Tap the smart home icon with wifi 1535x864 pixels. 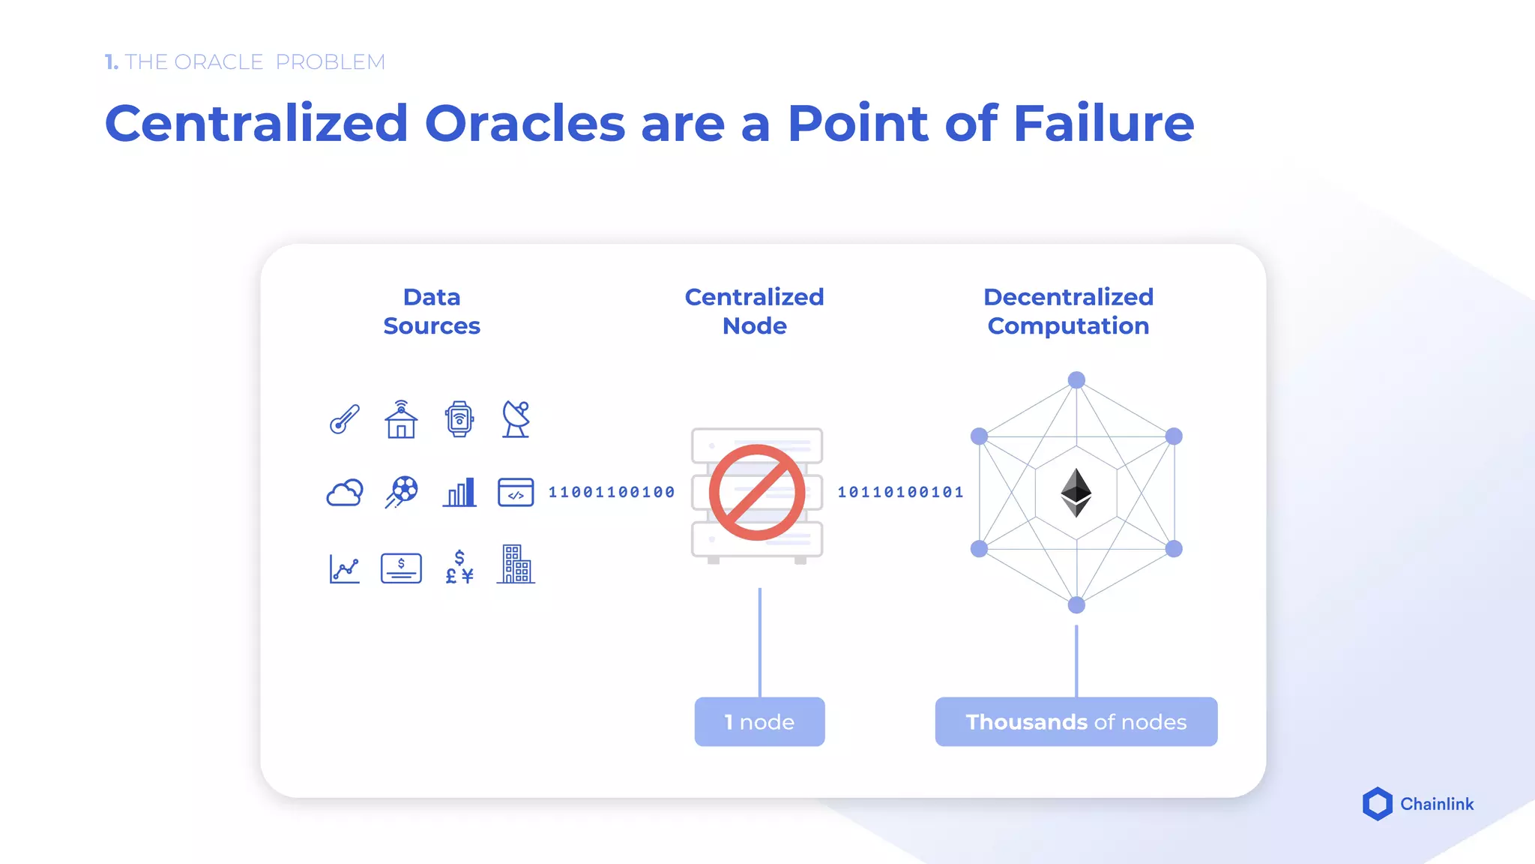coord(401,419)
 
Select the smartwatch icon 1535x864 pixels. coord(459,418)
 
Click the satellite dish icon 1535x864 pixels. coord(516,418)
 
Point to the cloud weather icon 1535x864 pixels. coord(345,493)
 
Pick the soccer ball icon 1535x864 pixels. coord(402,492)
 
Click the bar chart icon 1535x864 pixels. coord(459,493)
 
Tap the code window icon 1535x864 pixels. coord(516,493)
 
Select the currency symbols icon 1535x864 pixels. coord(459,567)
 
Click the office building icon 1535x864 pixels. coord(516,565)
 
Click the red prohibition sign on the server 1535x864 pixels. coord(757,493)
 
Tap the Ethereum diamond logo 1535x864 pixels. coord(1076,493)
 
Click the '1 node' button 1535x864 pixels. coord(759,721)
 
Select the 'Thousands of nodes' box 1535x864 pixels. coord(1076,721)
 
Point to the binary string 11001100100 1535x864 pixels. coord(612,492)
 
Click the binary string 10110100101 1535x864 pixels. coord(900,492)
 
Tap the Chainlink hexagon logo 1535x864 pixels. coord(1377,804)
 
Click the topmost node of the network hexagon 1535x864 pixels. coord(1076,380)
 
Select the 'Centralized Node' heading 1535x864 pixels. coord(754,311)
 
